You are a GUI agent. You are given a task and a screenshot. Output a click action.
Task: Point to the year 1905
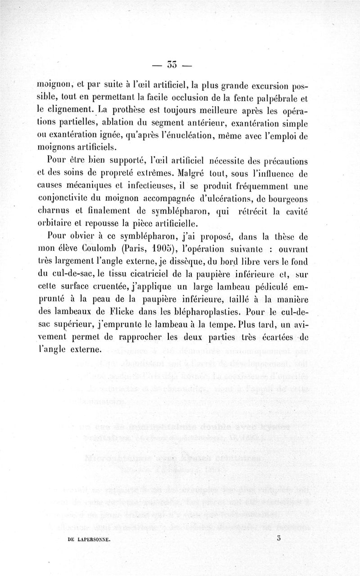click(x=163, y=249)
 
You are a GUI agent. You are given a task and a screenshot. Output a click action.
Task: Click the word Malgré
click(x=193, y=173)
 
